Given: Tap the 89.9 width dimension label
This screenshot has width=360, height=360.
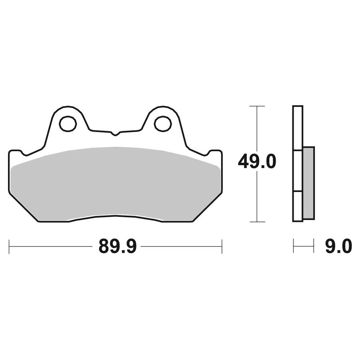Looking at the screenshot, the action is coord(118,246).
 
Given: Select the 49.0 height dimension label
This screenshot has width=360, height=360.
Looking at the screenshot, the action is coord(257,162).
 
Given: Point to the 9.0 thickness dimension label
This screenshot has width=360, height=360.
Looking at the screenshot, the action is coord(338,246).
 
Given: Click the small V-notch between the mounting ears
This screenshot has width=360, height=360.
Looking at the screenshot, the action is coord(116,134).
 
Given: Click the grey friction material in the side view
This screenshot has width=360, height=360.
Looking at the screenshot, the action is coord(308,183).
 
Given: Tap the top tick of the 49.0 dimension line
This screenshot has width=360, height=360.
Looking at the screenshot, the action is coord(257,106).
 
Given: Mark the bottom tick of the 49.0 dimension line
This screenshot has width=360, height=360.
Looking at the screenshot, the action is coord(257,222).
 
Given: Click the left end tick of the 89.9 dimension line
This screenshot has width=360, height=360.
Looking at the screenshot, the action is coord(9,246).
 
